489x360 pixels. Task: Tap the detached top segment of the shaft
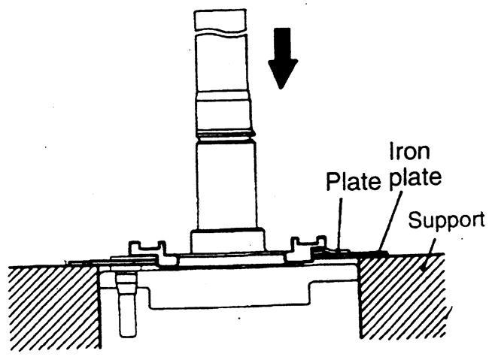219,20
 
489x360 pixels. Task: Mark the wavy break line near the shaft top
219,34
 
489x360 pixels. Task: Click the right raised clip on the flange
305,247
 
